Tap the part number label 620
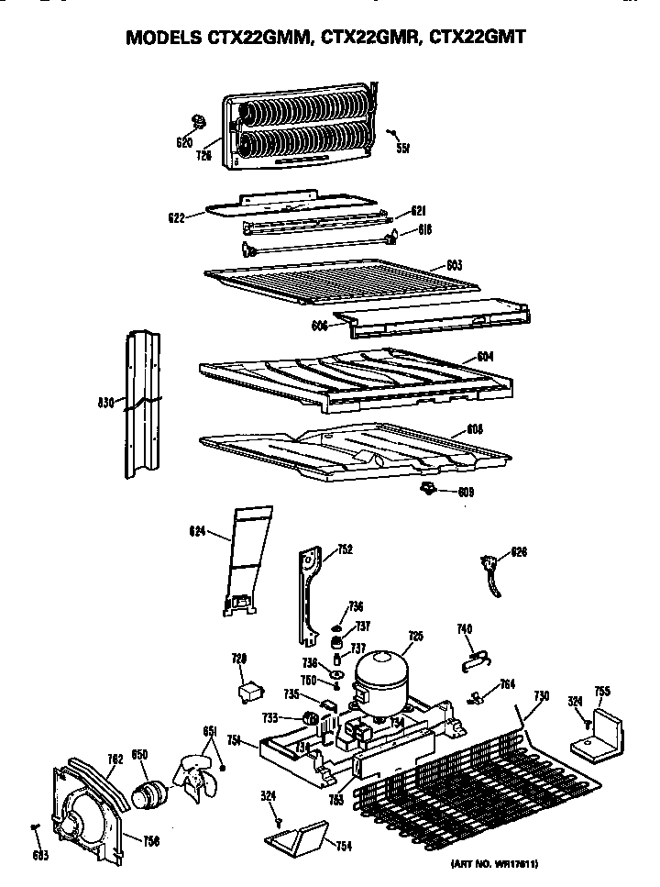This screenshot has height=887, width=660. click(x=183, y=143)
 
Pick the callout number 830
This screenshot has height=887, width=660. click(x=106, y=401)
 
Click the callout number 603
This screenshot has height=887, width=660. click(x=453, y=266)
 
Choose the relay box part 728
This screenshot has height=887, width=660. click(x=247, y=691)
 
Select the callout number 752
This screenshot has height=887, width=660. click(x=346, y=550)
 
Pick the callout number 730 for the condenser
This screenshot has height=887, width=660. click(x=542, y=697)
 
